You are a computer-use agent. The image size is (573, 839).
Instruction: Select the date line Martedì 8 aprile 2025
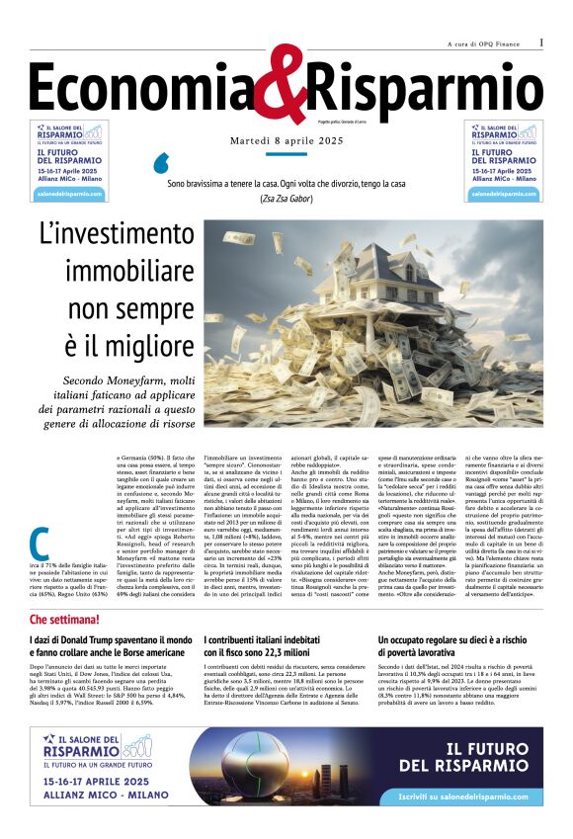[286, 143]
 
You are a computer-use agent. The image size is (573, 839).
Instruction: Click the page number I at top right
[541, 42]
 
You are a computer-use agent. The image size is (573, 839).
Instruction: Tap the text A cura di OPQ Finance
[483, 44]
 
